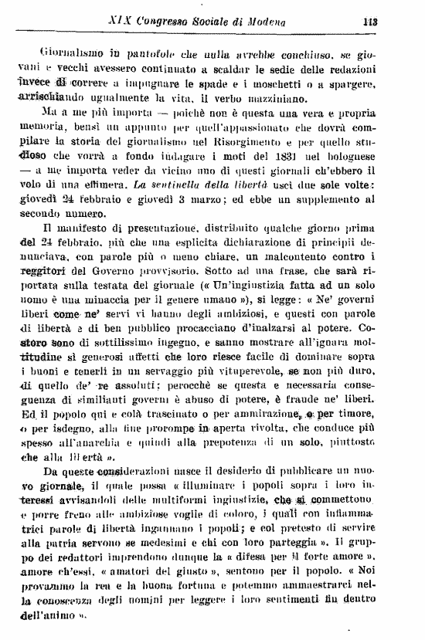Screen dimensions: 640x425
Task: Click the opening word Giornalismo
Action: click(x=70, y=54)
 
